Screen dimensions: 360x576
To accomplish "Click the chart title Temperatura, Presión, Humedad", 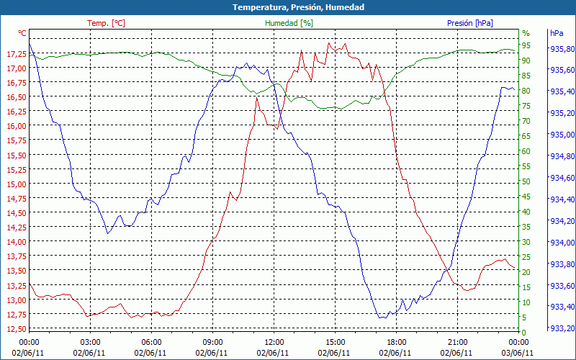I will (x=288, y=7).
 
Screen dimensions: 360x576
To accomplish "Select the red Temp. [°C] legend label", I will (x=106, y=23).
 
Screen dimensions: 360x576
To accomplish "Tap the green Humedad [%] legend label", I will (x=289, y=23).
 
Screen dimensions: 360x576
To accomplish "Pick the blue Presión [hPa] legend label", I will (x=470, y=23).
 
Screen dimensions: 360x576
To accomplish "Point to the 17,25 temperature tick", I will (x=15, y=54).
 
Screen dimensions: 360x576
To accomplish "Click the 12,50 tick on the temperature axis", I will (x=15, y=329).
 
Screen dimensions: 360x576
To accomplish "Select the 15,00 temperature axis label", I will (x=15, y=184).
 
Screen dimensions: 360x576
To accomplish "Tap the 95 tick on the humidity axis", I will (x=526, y=45).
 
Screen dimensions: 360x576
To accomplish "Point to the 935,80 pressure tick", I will (x=562, y=49).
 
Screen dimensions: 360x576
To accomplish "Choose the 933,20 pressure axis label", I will (x=562, y=329).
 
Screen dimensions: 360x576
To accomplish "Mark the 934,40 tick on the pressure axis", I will (x=562, y=199).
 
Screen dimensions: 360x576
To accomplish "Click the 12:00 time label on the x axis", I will (x=274, y=342).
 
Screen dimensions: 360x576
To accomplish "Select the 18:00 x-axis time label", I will (x=397, y=342).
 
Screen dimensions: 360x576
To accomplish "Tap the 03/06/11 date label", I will (x=519, y=353).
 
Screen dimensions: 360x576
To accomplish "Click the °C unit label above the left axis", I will (x=22, y=33).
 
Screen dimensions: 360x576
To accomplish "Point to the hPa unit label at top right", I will (x=556, y=33).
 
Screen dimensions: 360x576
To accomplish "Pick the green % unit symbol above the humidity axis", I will (x=526, y=33).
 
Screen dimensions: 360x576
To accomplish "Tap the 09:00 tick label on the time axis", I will (x=213, y=342).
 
